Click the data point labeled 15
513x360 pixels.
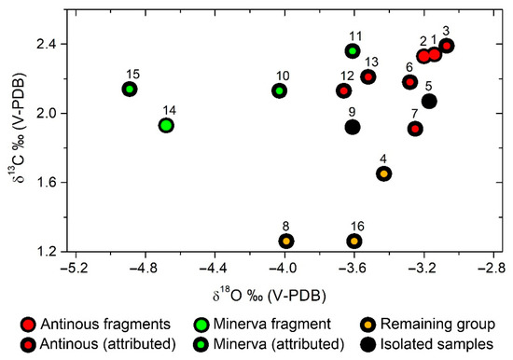(x=130, y=89)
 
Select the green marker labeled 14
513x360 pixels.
(x=165, y=125)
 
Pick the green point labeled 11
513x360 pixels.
(x=353, y=50)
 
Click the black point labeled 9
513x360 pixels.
(x=353, y=127)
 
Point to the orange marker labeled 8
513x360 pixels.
(x=286, y=241)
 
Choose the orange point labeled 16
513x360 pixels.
(x=354, y=241)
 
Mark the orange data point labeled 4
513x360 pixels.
(x=383, y=173)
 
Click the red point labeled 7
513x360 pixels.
(x=415, y=128)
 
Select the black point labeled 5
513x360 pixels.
(x=429, y=101)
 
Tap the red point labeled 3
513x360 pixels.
(x=447, y=46)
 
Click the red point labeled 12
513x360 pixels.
(x=343, y=90)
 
